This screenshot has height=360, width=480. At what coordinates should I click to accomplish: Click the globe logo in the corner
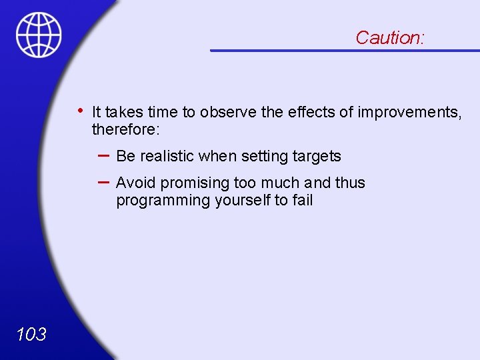pos(39,35)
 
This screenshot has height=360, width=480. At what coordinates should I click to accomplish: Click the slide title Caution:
pos(389,37)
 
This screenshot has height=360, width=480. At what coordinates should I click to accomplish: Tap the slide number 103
pos(31,334)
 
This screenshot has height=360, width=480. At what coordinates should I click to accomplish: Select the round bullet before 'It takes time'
pos(79,110)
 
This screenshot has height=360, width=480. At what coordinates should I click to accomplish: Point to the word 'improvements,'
pos(409,112)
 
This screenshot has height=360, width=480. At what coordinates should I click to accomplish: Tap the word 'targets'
pos(317,157)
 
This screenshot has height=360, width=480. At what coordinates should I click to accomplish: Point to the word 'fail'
pos(302,200)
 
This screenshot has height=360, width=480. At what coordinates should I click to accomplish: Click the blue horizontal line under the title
pos(345,50)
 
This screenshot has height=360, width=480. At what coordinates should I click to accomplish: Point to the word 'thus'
pos(350,183)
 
